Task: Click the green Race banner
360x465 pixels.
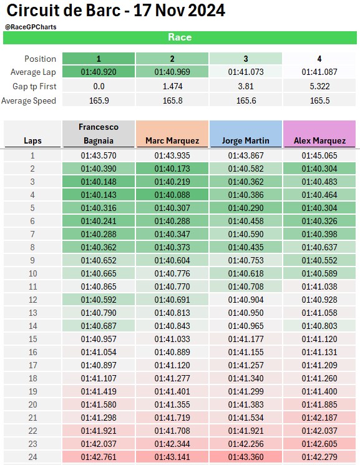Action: tap(180, 37)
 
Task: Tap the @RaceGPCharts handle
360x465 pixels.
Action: tap(31, 27)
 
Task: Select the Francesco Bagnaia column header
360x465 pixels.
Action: tap(99, 134)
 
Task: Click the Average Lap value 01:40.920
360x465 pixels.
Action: tap(99, 72)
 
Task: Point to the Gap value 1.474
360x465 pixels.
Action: tap(172, 86)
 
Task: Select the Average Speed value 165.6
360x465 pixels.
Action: tap(246, 101)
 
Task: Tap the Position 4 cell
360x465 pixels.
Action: tap(319, 59)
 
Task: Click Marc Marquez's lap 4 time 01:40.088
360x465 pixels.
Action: tap(172, 195)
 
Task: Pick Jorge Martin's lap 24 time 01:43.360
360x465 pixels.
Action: tap(246, 457)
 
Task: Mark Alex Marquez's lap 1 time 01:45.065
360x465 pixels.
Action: tap(319, 155)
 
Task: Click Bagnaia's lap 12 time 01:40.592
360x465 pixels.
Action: tap(99, 300)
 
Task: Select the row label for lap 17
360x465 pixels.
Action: tap(32, 365)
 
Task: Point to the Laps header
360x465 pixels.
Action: tap(32, 140)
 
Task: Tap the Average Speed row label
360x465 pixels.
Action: tap(29, 101)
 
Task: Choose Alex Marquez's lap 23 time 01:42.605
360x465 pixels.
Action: tap(319, 444)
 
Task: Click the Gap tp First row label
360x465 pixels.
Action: tap(34, 86)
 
